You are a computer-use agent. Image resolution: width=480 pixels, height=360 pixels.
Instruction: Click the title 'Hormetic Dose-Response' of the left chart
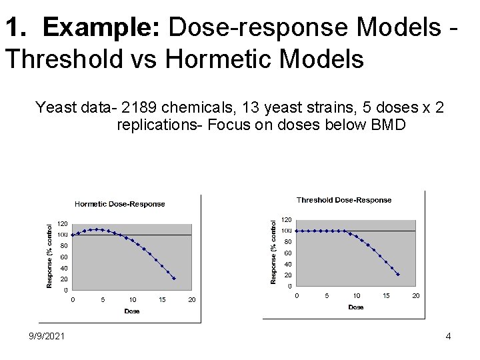tap(119, 204)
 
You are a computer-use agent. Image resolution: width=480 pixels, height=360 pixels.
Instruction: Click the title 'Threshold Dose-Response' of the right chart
tap(344, 200)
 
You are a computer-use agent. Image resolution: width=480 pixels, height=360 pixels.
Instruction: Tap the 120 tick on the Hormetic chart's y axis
tap(61, 223)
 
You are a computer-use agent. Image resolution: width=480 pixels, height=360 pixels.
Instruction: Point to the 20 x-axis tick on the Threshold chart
tap(415, 295)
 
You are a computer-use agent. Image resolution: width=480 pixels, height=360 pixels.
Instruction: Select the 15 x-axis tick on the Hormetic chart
tap(162, 300)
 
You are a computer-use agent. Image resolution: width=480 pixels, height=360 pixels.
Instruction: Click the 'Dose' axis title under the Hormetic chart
tap(132, 311)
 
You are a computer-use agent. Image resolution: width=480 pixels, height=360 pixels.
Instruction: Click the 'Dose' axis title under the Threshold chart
tap(356, 307)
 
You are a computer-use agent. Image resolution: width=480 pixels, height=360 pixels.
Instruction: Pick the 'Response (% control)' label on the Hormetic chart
tap(49, 255)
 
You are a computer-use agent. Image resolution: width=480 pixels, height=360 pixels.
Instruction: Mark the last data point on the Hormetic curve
tap(174, 279)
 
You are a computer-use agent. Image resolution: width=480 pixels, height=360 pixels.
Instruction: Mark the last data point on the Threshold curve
tap(398, 274)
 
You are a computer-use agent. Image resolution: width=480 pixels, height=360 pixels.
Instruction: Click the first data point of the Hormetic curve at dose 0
tap(73, 235)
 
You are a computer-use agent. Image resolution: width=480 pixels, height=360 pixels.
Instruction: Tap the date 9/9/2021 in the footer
tap(47, 336)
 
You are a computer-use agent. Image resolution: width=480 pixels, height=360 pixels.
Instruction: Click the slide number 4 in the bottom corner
tap(448, 336)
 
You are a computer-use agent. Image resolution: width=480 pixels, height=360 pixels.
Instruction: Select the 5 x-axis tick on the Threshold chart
tap(327, 295)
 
